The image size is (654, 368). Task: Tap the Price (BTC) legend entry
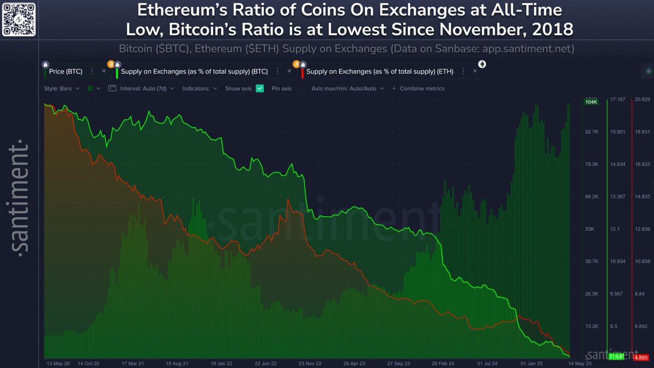tap(66, 72)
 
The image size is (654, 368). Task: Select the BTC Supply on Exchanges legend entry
tap(194, 72)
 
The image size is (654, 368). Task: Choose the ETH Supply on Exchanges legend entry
tap(378, 72)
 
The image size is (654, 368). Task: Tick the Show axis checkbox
tap(259, 88)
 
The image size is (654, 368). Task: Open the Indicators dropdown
tap(199, 88)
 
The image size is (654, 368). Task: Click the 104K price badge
tap(591, 102)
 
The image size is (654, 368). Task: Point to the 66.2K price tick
tap(592, 197)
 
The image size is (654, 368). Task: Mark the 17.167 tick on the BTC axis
tap(617, 99)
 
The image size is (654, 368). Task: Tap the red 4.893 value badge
tap(641, 357)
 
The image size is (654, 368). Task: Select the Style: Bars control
tap(62, 88)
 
